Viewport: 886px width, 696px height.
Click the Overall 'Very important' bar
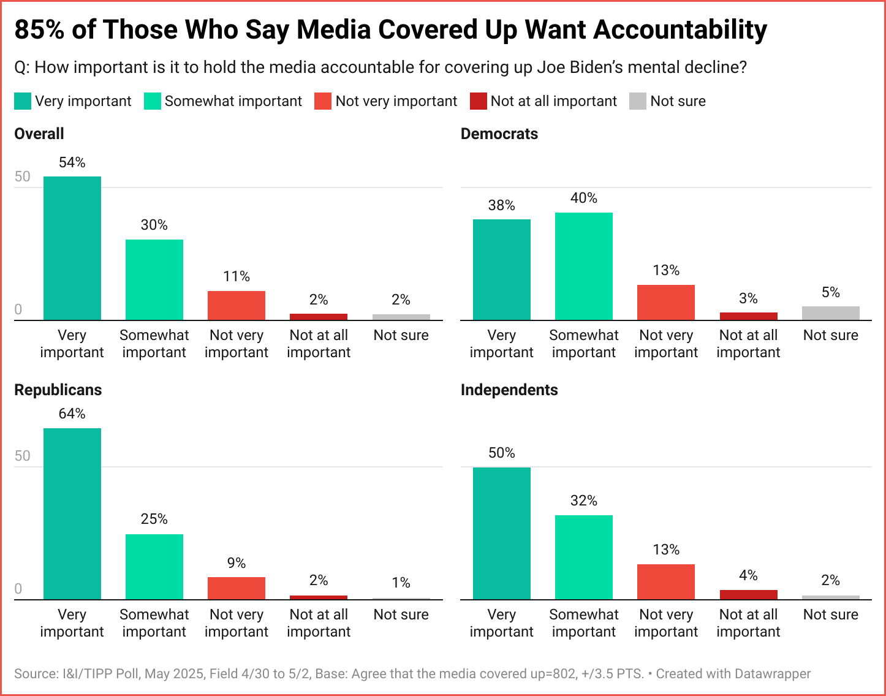point(72,248)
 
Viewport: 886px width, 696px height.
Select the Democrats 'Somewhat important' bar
point(584,266)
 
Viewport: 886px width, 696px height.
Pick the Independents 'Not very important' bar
point(666,581)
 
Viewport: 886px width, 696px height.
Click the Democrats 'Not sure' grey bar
point(830,313)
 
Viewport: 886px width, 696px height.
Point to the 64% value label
point(72,414)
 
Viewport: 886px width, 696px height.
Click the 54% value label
point(72,162)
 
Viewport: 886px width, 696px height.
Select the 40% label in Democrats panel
point(584,198)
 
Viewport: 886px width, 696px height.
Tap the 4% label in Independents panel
point(748,575)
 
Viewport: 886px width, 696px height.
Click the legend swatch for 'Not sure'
point(638,101)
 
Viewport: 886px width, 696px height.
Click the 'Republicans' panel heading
point(58,390)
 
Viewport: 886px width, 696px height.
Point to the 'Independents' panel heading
point(509,390)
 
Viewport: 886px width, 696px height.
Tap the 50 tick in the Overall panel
point(23,177)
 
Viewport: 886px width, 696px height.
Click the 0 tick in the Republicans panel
point(18,589)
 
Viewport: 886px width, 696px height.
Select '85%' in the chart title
point(39,29)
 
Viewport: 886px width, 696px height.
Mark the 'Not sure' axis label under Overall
point(401,335)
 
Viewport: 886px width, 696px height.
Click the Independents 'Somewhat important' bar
point(584,557)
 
